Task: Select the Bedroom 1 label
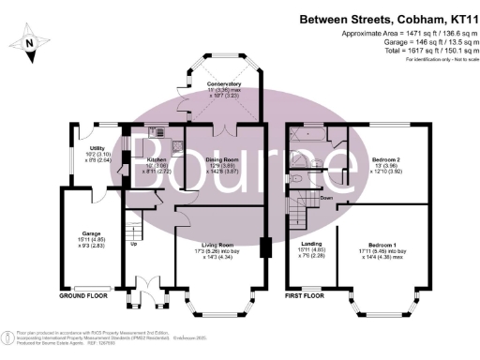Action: click(x=386, y=248)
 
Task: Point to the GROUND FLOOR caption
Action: click(x=82, y=294)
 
